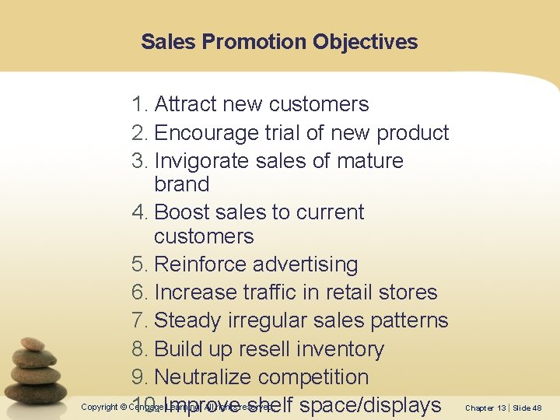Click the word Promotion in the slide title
[x=254, y=42]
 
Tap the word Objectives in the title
[x=366, y=42]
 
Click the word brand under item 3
[x=182, y=185]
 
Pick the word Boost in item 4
[x=184, y=212]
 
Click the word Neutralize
[x=203, y=377]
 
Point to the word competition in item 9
[x=313, y=377]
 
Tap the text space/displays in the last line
[x=369, y=405]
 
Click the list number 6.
[x=139, y=292]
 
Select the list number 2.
[x=139, y=133]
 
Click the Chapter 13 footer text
[x=485, y=408]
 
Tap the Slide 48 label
[x=527, y=408]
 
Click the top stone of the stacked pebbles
[x=33, y=343]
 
